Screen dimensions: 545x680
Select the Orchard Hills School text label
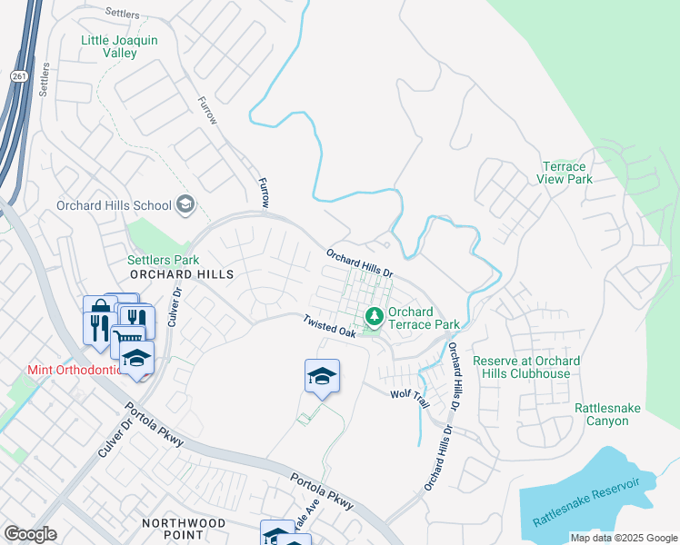(x=114, y=205)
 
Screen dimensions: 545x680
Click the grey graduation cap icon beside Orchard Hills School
(x=186, y=204)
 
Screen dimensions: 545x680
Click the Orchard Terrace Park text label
(x=424, y=318)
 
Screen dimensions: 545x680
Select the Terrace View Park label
(x=579, y=173)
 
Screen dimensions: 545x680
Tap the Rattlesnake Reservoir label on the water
(x=586, y=502)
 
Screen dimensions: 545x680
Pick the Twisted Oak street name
(x=329, y=325)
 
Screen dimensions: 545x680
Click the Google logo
(x=31, y=534)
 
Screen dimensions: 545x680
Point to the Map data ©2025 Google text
(x=623, y=538)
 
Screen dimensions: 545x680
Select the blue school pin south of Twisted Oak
(x=322, y=376)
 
